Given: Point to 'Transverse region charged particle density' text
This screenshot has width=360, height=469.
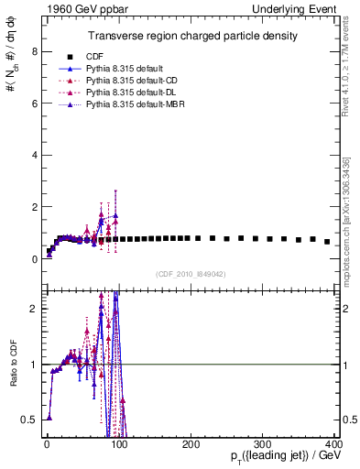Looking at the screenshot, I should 191,36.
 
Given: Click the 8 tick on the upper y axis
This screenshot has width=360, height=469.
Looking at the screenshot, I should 34,51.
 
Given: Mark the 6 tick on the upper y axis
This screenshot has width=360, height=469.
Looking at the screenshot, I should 34,104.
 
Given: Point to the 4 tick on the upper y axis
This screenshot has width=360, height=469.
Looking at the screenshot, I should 34,156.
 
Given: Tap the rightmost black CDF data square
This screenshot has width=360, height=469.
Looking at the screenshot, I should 327,242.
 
